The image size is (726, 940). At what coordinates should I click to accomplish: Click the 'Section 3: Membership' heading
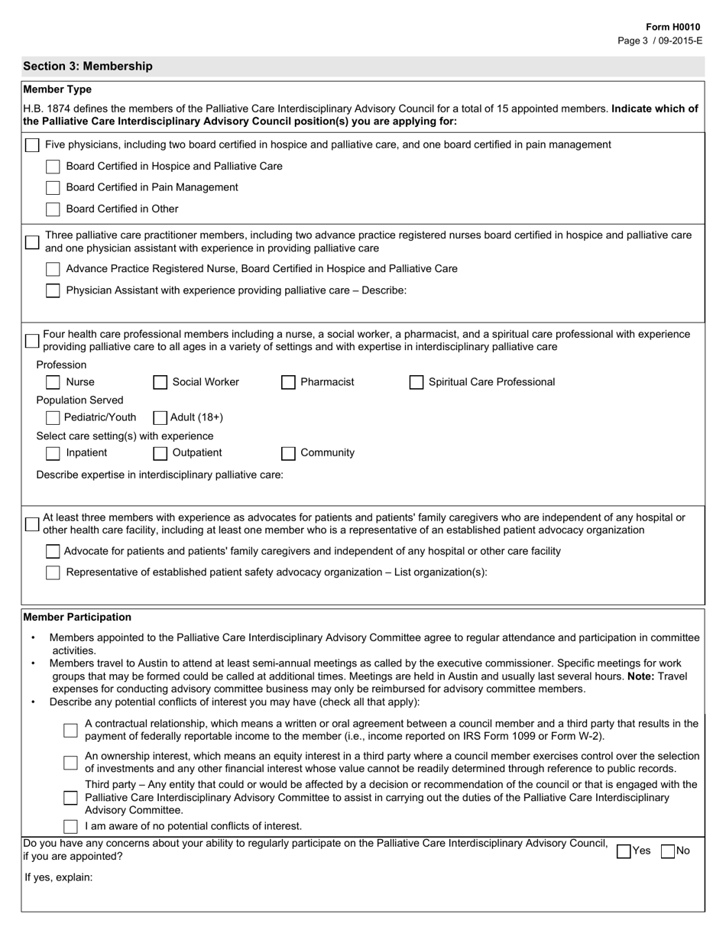[x=88, y=66]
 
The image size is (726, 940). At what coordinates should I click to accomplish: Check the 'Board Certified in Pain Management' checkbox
[x=53, y=188]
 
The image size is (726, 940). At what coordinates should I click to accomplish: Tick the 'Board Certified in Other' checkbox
[x=53, y=209]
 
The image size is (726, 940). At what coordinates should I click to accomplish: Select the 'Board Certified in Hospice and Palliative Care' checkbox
[x=53, y=167]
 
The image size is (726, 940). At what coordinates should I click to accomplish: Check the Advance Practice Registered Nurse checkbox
[x=53, y=269]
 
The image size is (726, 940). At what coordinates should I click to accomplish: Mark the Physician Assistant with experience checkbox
[x=53, y=290]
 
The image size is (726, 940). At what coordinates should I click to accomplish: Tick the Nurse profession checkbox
[x=53, y=382]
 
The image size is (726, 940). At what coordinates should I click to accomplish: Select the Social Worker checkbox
[x=160, y=382]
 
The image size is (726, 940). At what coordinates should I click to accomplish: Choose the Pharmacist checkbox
[x=288, y=382]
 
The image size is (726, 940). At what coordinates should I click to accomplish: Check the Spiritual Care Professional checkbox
[x=416, y=382]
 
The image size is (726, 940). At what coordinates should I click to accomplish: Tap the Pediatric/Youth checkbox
[x=53, y=417]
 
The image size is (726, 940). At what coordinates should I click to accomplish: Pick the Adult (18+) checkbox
[x=160, y=417]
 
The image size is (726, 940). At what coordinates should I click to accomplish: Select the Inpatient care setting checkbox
[x=53, y=453]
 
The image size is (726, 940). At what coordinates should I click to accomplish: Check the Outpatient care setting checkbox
[x=160, y=453]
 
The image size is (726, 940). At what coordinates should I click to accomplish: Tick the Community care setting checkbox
[x=288, y=453]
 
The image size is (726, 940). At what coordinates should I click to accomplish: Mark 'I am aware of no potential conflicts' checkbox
[x=70, y=826]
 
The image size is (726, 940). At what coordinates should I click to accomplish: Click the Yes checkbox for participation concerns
[x=624, y=851]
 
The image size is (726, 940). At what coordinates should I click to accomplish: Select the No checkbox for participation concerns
[x=668, y=851]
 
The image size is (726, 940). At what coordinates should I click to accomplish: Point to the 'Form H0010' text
[x=673, y=27]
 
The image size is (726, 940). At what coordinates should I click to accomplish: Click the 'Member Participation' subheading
[x=77, y=617]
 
